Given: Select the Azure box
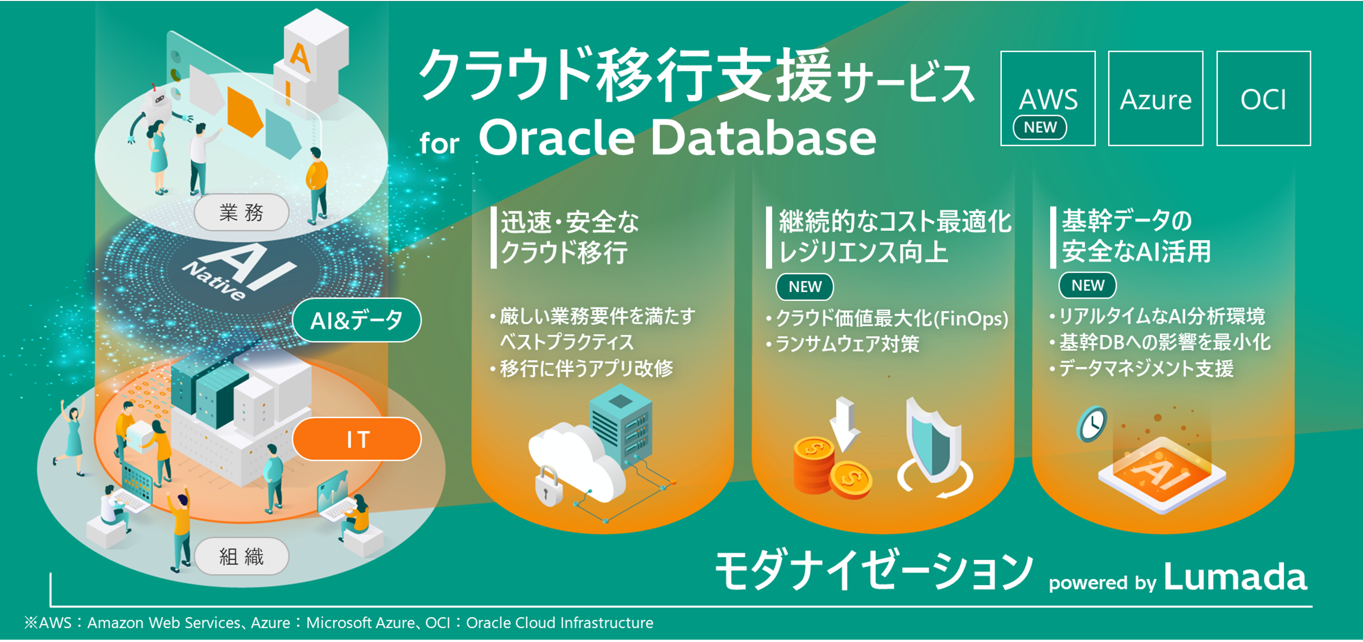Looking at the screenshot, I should pyautogui.click(x=1155, y=98).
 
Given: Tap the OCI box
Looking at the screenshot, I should pyautogui.click(x=1263, y=98).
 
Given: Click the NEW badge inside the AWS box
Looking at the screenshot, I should pyautogui.click(x=1039, y=127).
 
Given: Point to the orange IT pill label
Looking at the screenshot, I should pyautogui.click(x=357, y=439).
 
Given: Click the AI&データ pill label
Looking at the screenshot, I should pyautogui.click(x=357, y=320).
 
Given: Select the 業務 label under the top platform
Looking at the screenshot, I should pyautogui.click(x=241, y=213).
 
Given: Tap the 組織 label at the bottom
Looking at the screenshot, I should pyautogui.click(x=241, y=557).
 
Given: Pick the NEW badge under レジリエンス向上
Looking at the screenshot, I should pyautogui.click(x=804, y=287).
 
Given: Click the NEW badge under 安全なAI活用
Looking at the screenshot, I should pyautogui.click(x=1088, y=286).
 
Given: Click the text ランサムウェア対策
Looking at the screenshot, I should pyautogui.click(x=847, y=345).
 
